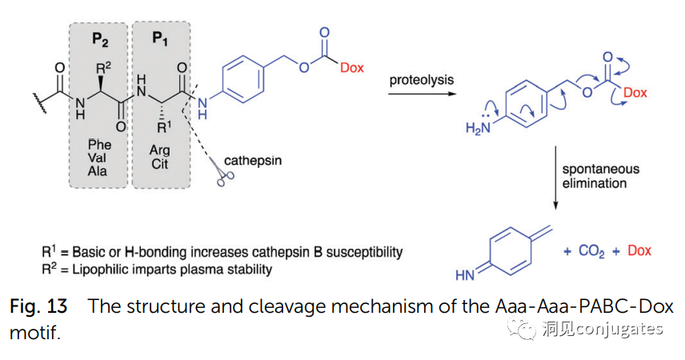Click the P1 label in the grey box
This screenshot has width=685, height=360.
point(160,38)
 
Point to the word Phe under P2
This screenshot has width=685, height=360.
point(100,145)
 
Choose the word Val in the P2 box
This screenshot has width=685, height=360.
point(100,158)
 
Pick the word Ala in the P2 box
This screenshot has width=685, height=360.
point(100,171)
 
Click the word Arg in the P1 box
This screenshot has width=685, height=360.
point(160,150)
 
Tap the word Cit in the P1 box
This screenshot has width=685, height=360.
point(160,163)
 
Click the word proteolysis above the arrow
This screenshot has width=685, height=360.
point(422,81)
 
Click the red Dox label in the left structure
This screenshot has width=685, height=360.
point(351,68)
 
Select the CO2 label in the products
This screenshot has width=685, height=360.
point(592,251)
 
